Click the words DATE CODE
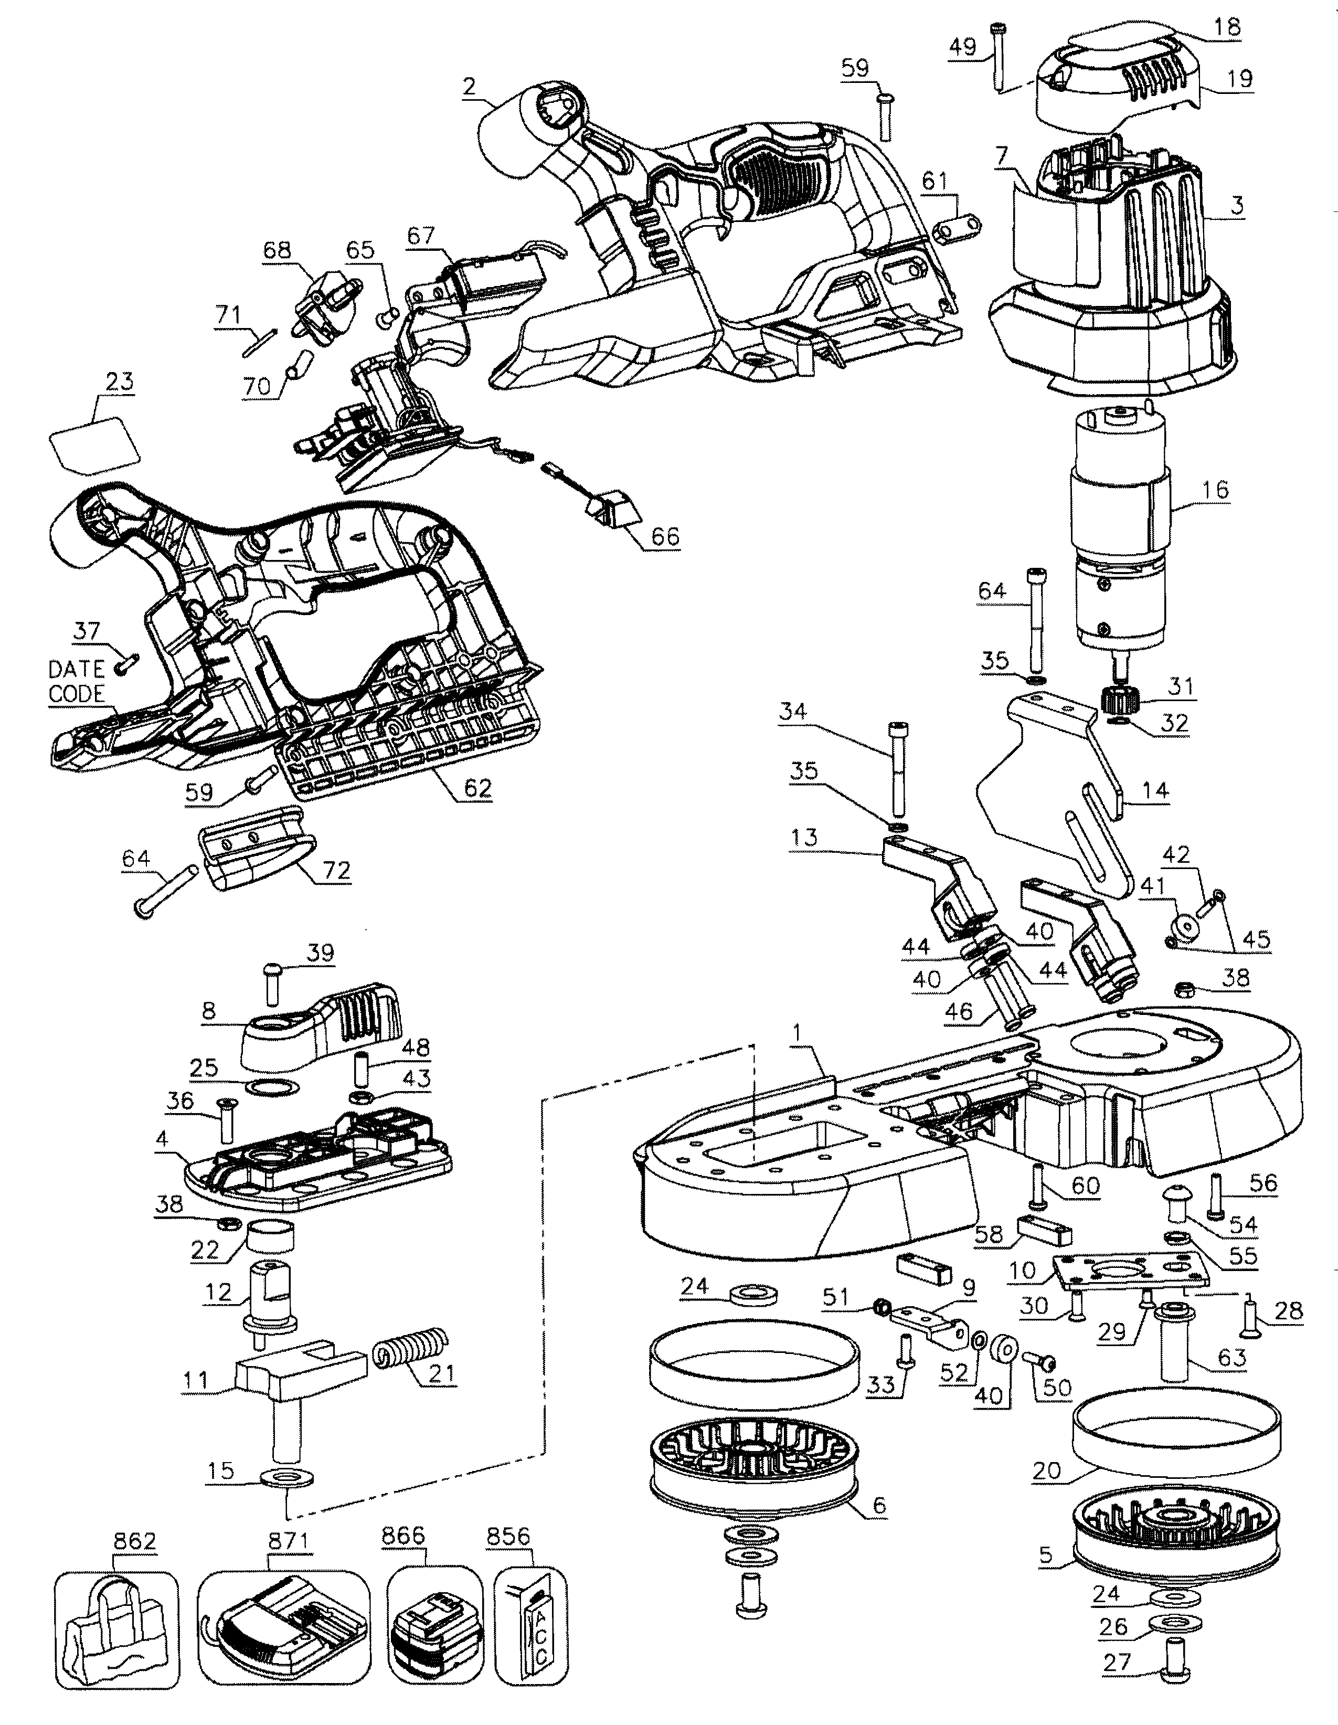[x=77, y=682]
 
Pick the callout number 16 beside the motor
[x=1215, y=490]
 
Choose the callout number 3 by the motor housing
[x=1236, y=205]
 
